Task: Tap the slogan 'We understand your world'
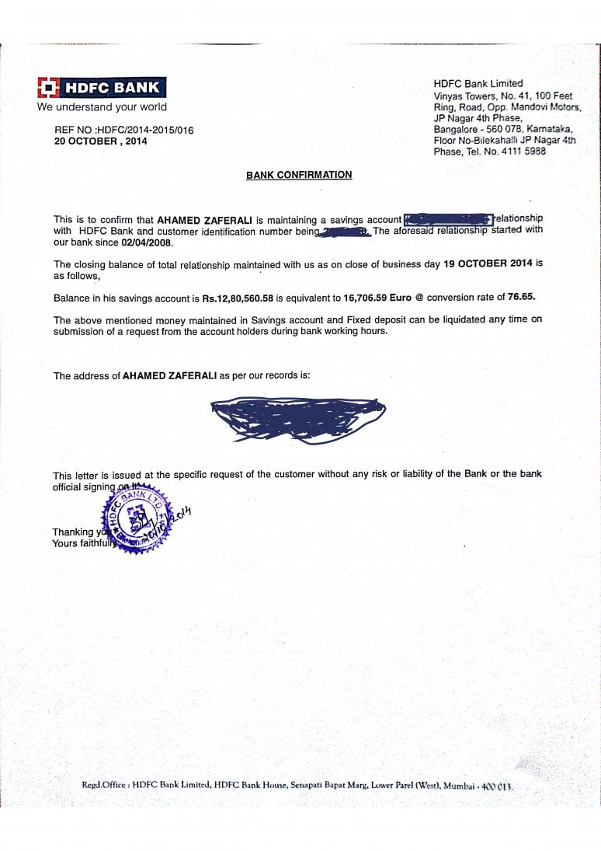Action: pyautogui.click(x=102, y=107)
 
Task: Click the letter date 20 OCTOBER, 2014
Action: pyautogui.click(x=101, y=141)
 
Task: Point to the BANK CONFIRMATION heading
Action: pyautogui.click(x=299, y=175)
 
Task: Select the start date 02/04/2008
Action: pyautogui.click(x=147, y=242)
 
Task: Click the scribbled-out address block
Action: pyautogui.click(x=299, y=420)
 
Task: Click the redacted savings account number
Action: pyautogui.click(x=448, y=220)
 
